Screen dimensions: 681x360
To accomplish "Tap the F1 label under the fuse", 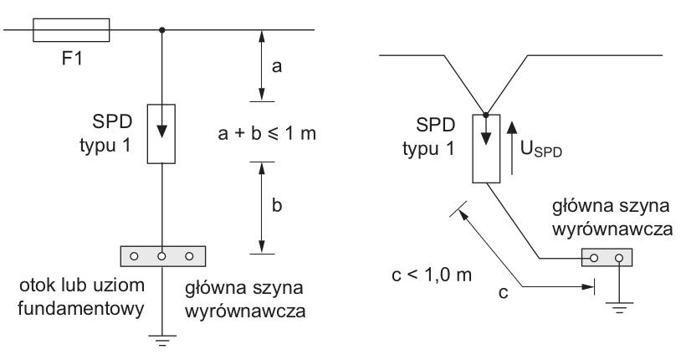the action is (x=72, y=58).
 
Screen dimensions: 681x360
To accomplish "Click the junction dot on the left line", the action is (x=162, y=30).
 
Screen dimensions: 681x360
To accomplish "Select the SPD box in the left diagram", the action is (x=161, y=134).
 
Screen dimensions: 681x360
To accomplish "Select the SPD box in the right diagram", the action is (x=486, y=149).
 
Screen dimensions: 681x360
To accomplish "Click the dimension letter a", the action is (x=277, y=66).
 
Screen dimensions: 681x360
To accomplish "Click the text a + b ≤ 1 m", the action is (x=267, y=132).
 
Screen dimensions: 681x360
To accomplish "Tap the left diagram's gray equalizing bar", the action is (x=163, y=256).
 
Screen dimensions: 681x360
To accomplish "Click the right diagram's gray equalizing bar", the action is (x=607, y=257).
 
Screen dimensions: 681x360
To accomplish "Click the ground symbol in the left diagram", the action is (x=162, y=341).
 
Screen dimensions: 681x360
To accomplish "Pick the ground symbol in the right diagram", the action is (x=619, y=307).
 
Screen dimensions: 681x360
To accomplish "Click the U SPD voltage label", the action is (x=541, y=150).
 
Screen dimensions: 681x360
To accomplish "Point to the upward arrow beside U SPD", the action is (x=513, y=148).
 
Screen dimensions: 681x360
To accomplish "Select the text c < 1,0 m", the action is (x=432, y=275).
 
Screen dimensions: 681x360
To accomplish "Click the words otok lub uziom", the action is (x=82, y=285).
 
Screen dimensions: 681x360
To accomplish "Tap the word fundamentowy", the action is (x=81, y=309).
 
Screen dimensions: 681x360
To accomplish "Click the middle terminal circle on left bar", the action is (x=161, y=256).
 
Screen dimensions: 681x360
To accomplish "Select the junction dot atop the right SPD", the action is (x=486, y=115).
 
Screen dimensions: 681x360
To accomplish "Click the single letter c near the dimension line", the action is (x=504, y=293).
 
